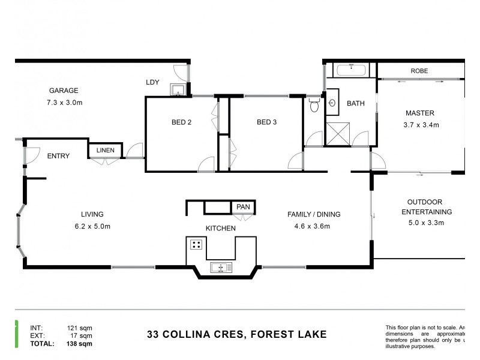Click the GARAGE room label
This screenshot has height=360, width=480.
coord(64,91)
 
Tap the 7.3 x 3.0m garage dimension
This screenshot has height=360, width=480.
coord(65,103)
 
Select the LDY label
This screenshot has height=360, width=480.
coord(152,82)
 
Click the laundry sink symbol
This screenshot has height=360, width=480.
coord(178,90)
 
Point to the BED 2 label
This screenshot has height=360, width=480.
coord(181,123)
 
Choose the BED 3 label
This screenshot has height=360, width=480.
coord(266,123)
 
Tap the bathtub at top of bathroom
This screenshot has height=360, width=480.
coord(351,71)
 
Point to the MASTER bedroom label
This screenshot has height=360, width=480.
coord(420,113)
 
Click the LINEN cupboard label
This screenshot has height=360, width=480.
coord(106,150)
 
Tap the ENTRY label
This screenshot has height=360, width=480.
coord(58,156)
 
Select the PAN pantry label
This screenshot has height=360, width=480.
coord(243,207)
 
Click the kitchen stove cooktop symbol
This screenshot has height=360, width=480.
coord(196,245)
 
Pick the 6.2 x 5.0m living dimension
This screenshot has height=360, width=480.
coord(92,226)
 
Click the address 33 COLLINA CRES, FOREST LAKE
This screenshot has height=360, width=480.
coord(237,334)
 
